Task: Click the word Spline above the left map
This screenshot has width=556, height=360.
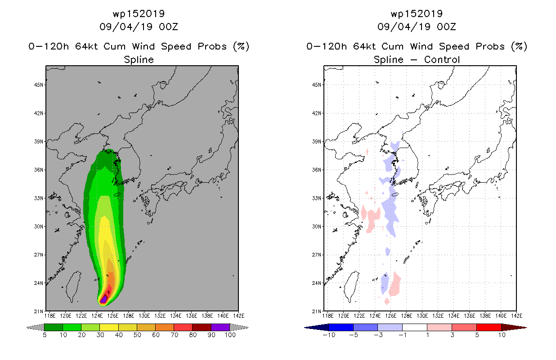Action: click(x=139, y=60)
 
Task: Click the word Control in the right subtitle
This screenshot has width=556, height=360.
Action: click(x=442, y=60)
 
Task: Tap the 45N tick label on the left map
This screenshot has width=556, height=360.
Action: click(x=39, y=85)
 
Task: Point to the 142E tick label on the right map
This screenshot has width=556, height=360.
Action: click(x=517, y=316)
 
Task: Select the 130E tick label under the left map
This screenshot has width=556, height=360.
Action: click(x=144, y=316)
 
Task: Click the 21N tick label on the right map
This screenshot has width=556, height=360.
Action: click(x=317, y=311)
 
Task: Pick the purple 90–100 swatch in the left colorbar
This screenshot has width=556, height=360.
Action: click(x=220, y=327)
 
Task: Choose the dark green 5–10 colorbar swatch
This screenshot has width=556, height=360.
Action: click(x=54, y=327)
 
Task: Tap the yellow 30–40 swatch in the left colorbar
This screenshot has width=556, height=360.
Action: click(x=109, y=327)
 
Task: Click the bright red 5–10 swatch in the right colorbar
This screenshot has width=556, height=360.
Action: click(x=489, y=327)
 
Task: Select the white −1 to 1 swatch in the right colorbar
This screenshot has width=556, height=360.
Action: click(x=415, y=327)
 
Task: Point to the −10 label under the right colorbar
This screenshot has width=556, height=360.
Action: click(x=329, y=335)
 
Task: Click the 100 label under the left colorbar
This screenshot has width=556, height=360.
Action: click(x=230, y=335)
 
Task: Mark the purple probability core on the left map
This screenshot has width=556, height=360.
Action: click(x=103, y=299)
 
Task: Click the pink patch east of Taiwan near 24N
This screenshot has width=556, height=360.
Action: click(x=395, y=284)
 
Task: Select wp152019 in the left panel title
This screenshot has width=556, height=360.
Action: click(x=139, y=13)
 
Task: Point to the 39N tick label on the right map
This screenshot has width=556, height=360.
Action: click(x=317, y=141)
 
